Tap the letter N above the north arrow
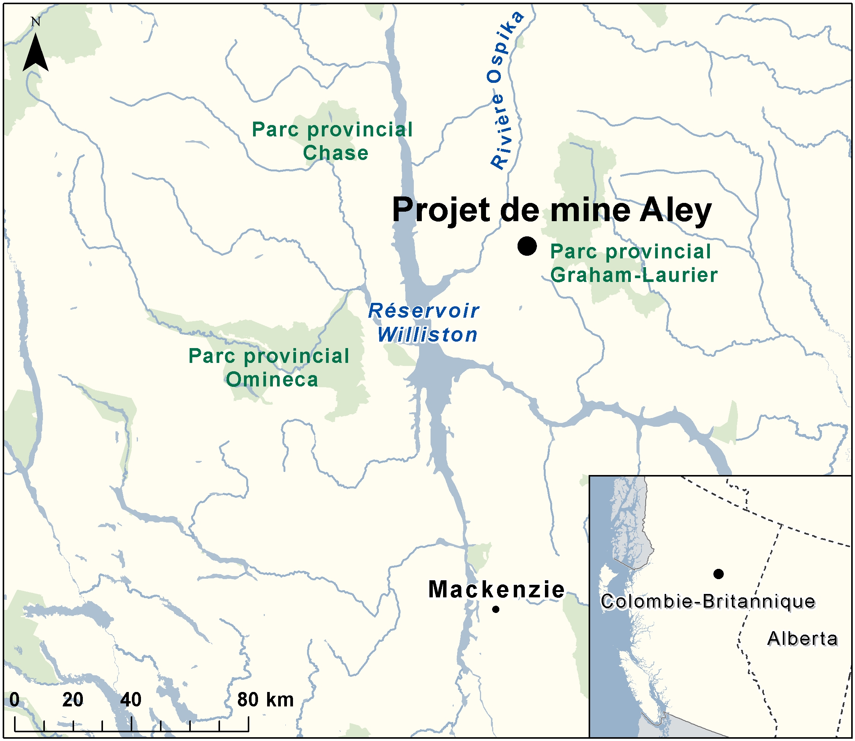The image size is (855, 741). [x=36, y=22]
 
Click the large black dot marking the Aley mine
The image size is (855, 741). [x=527, y=246]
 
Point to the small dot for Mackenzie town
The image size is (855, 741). [x=496, y=609]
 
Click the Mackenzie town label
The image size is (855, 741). [x=496, y=589]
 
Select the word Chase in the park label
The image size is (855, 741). [x=335, y=153]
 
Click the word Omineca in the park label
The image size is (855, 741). [x=272, y=379]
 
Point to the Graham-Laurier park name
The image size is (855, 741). [x=634, y=275]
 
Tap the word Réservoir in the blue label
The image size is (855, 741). [x=424, y=311]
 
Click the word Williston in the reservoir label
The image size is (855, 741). [x=427, y=334]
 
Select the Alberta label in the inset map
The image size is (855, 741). [x=803, y=638]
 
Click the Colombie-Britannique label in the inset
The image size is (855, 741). [x=708, y=601]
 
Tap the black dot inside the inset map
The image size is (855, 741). [x=719, y=573]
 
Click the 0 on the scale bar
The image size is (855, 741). [x=14, y=700]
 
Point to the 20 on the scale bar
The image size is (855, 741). [x=73, y=700]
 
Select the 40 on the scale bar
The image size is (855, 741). [x=131, y=700]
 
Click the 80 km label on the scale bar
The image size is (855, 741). [x=265, y=700]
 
